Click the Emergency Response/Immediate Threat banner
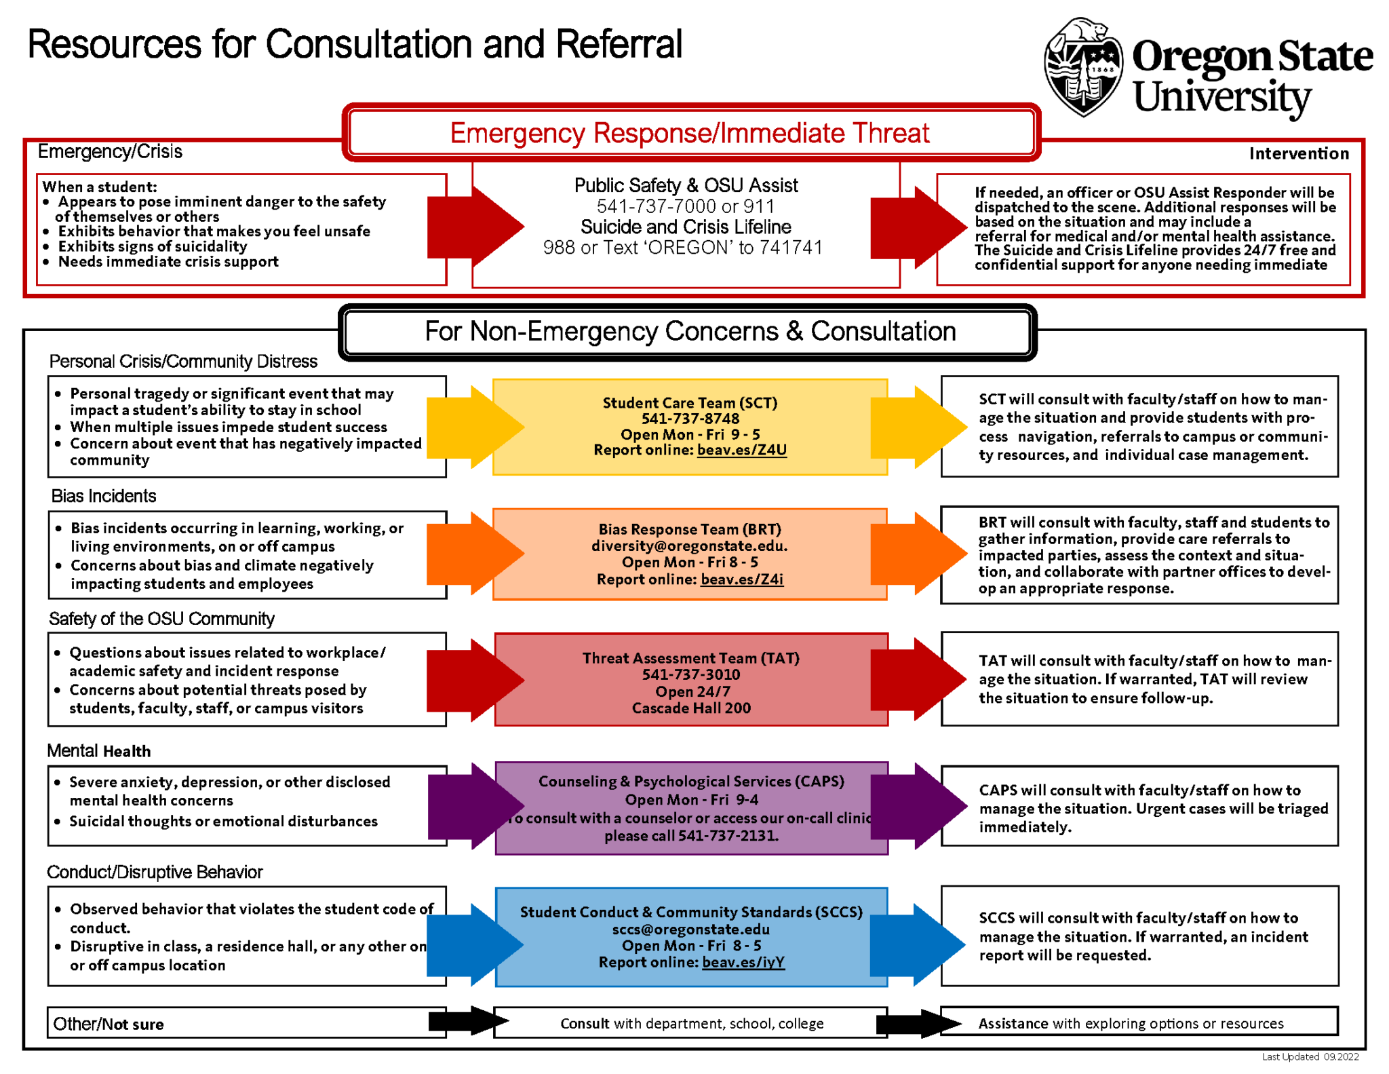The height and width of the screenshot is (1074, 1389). (x=690, y=133)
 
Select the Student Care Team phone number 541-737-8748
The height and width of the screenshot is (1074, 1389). (x=690, y=419)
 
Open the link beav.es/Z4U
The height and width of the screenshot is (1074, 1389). (x=742, y=450)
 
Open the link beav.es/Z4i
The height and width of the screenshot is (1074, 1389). (x=742, y=579)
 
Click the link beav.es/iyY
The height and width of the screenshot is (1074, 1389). (x=743, y=962)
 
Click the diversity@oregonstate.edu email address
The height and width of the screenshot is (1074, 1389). (x=689, y=545)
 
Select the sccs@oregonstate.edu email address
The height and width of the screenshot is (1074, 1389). (x=690, y=929)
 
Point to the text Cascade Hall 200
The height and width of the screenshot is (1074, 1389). (x=691, y=708)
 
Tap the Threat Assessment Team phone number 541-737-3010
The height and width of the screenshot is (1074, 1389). (x=691, y=674)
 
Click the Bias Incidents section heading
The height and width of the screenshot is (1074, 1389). (x=104, y=496)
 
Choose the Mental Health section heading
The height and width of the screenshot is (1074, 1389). (x=99, y=751)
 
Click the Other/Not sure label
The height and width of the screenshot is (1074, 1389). (x=109, y=1024)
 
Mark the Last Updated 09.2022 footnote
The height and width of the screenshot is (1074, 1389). (x=1310, y=1056)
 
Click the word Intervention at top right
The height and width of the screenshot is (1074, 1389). (x=1298, y=153)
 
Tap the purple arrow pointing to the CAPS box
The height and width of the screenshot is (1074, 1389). (x=475, y=806)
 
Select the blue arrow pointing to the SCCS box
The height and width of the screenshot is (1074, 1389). (x=475, y=944)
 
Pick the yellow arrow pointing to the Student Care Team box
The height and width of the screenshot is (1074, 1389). (x=475, y=427)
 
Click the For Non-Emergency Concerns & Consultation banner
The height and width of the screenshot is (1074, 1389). (x=690, y=332)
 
